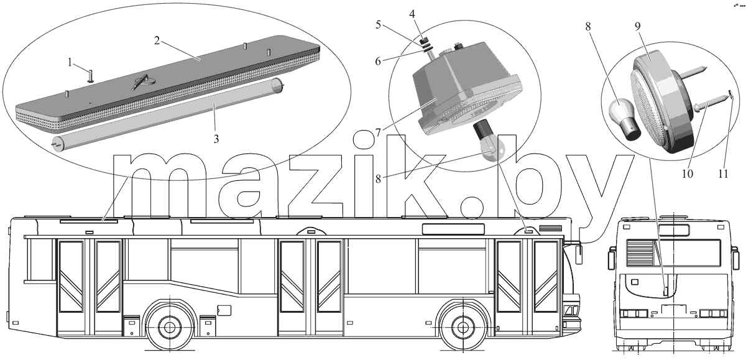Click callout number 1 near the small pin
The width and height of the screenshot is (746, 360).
(70, 62)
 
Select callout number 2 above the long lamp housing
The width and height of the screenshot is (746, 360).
(157, 41)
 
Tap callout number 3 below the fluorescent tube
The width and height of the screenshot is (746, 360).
(216, 139)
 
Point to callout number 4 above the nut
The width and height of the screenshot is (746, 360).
(412, 14)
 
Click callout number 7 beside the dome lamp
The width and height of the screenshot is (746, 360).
(378, 133)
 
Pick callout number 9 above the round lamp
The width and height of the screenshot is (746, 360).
(637, 26)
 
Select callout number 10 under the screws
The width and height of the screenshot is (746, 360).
(688, 173)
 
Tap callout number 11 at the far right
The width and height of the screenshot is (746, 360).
(723, 173)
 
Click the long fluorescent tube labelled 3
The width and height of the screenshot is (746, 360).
(167, 115)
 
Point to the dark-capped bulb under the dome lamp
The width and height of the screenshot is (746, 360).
(489, 142)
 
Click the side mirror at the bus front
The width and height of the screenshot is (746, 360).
(579, 254)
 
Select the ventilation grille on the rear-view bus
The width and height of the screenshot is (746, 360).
(640, 253)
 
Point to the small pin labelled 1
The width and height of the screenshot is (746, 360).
(91, 75)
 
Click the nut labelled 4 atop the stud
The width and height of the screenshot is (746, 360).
(424, 41)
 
